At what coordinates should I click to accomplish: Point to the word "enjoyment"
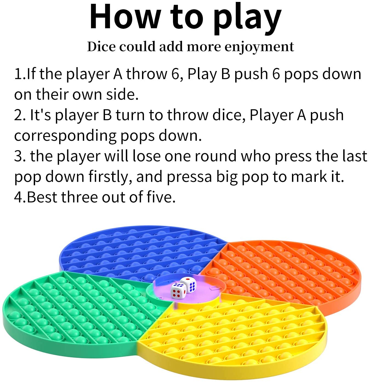pos(259,47)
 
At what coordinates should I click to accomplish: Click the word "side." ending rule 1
pos(122,94)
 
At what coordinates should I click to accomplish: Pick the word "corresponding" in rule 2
pos(65,136)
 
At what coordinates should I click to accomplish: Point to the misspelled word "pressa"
pos(189,177)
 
